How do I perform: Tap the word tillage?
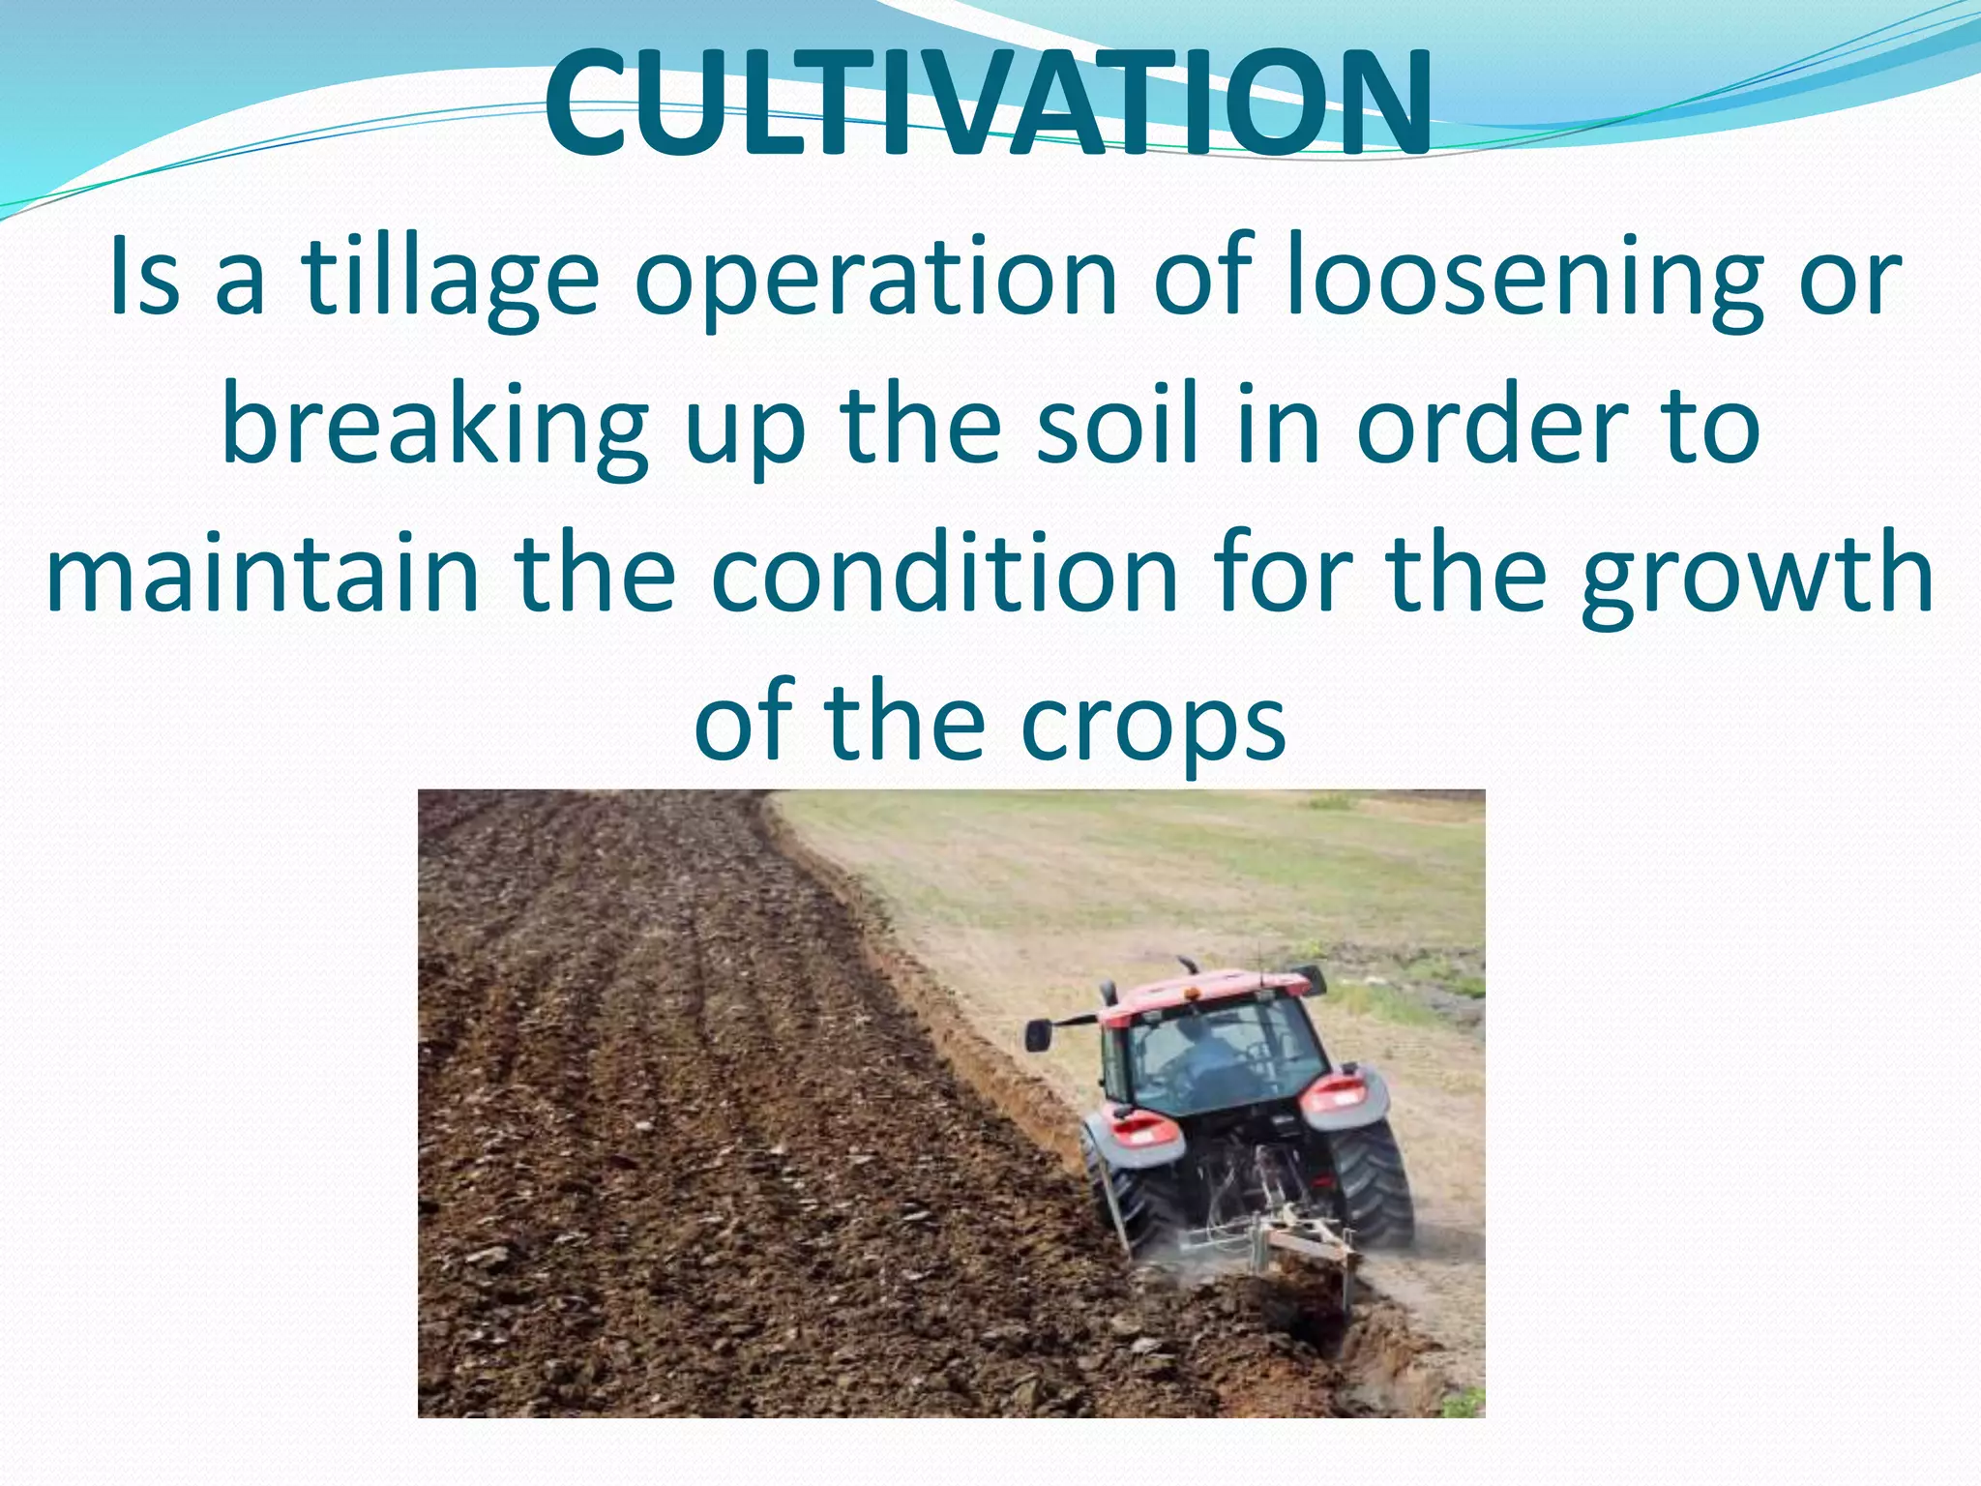(451, 280)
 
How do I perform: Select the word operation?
(875, 280)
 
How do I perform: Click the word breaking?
(434, 429)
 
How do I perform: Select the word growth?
(1757, 578)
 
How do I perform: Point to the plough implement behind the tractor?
(1286, 1248)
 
